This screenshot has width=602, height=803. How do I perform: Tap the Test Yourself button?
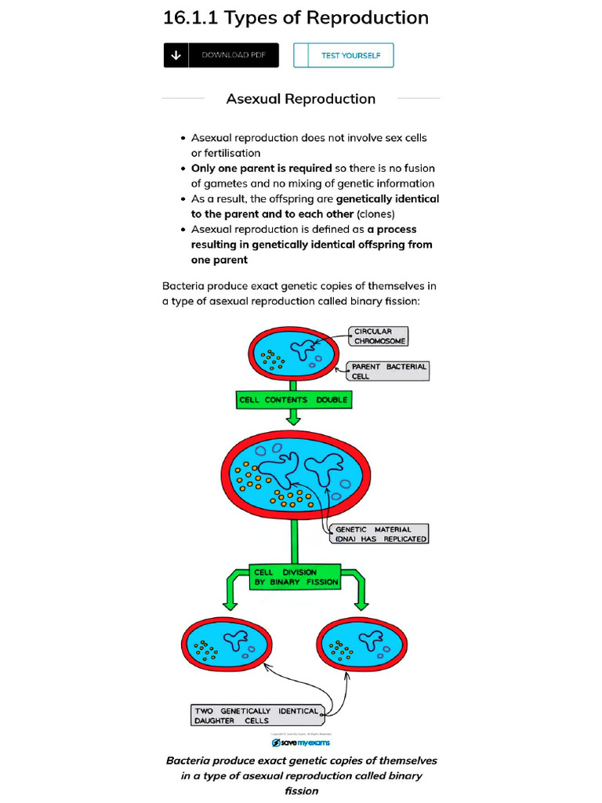pyautogui.click(x=343, y=55)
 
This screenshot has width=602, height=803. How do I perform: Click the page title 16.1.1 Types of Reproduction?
pyautogui.click(x=296, y=17)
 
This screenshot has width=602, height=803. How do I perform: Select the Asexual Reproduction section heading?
pyautogui.click(x=300, y=99)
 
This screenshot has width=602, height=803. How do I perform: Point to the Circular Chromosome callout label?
pyautogui.click(x=379, y=336)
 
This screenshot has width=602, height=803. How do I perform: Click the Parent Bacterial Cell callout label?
pyautogui.click(x=389, y=371)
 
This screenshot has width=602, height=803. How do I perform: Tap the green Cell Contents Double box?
pyautogui.click(x=293, y=400)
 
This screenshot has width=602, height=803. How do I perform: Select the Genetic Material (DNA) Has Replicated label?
pyautogui.click(x=377, y=534)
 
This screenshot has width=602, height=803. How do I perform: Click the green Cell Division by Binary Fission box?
pyautogui.click(x=296, y=577)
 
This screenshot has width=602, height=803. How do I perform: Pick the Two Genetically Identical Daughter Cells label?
pyautogui.click(x=256, y=715)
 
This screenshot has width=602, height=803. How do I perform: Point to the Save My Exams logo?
pyautogui.click(x=300, y=742)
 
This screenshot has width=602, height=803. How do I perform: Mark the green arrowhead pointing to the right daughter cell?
pyautogui.click(x=361, y=604)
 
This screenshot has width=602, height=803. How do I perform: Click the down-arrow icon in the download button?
pyautogui.click(x=176, y=55)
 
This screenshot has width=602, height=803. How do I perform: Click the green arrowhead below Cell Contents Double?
pyautogui.click(x=293, y=420)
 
